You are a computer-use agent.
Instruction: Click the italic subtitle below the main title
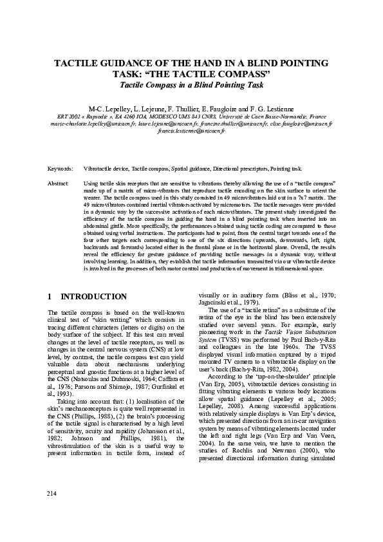(x=191, y=84)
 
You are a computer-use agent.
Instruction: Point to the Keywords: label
(x=61, y=168)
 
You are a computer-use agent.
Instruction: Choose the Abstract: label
(x=59, y=183)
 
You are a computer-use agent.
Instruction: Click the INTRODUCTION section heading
(x=93, y=297)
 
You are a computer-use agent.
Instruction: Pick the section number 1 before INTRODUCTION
(x=50, y=297)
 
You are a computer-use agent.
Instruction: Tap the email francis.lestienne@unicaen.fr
(x=191, y=130)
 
